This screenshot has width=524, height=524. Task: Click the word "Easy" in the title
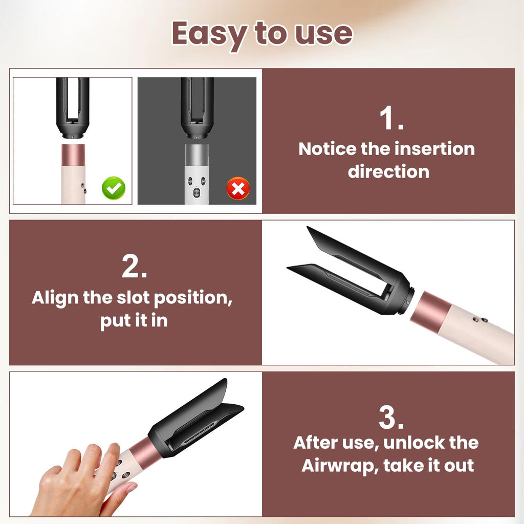(x=209, y=34)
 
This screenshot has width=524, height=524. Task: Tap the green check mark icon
(x=114, y=188)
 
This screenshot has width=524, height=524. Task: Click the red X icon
(x=238, y=188)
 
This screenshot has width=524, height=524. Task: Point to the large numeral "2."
(x=135, y=266)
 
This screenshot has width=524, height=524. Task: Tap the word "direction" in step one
(x=388, y=171)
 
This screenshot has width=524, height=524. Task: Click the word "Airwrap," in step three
(x=340, y=466)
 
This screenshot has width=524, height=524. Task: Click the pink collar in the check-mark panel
(x=73, y=154)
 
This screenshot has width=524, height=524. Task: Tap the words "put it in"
(x=134, y=321)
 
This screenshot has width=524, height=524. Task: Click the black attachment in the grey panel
(x=197, y=108)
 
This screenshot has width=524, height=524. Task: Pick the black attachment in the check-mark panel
(x=73, y=108)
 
